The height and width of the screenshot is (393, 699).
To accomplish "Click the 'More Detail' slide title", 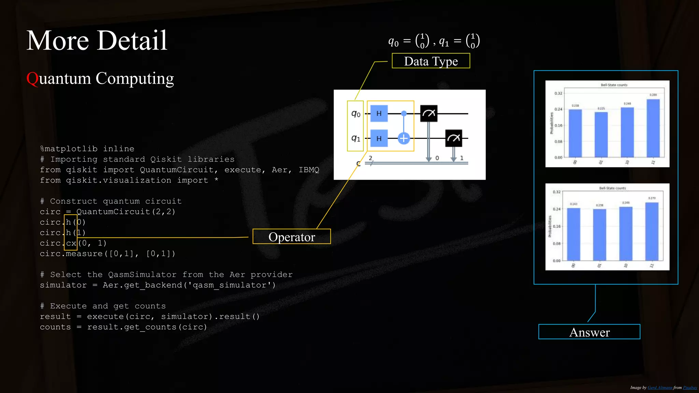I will [97, 41].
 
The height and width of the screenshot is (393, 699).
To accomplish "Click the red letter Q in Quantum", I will [32, 78].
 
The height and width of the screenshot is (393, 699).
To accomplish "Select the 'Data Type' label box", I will [431, 61].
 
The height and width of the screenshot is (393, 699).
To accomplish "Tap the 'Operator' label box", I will [291, 237].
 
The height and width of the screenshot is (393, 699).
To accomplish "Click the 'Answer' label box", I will [589, 332].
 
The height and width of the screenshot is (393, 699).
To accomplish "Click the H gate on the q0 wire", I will [379, 114].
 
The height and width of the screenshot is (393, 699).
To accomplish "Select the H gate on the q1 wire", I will [379, 139].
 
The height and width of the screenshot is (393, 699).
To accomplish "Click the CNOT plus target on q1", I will [404, 138].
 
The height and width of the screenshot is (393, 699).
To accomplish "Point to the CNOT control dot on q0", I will [404, 113].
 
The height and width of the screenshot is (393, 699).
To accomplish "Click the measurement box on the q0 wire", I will [429, 113].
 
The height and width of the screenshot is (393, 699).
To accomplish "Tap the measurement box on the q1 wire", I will [454, 138].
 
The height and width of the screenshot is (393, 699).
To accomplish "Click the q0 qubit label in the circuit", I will [356, 114].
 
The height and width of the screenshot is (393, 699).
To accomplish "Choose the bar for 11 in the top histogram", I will [653, 128].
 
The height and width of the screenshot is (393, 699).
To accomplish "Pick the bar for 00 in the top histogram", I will [575, 133].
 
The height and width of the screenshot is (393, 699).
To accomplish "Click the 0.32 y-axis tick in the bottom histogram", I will [556, 192].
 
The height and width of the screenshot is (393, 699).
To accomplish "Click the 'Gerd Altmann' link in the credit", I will [660, 388].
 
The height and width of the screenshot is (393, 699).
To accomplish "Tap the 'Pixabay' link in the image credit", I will [690, 388].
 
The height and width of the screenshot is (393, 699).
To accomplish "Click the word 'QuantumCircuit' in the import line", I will [176, 170].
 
